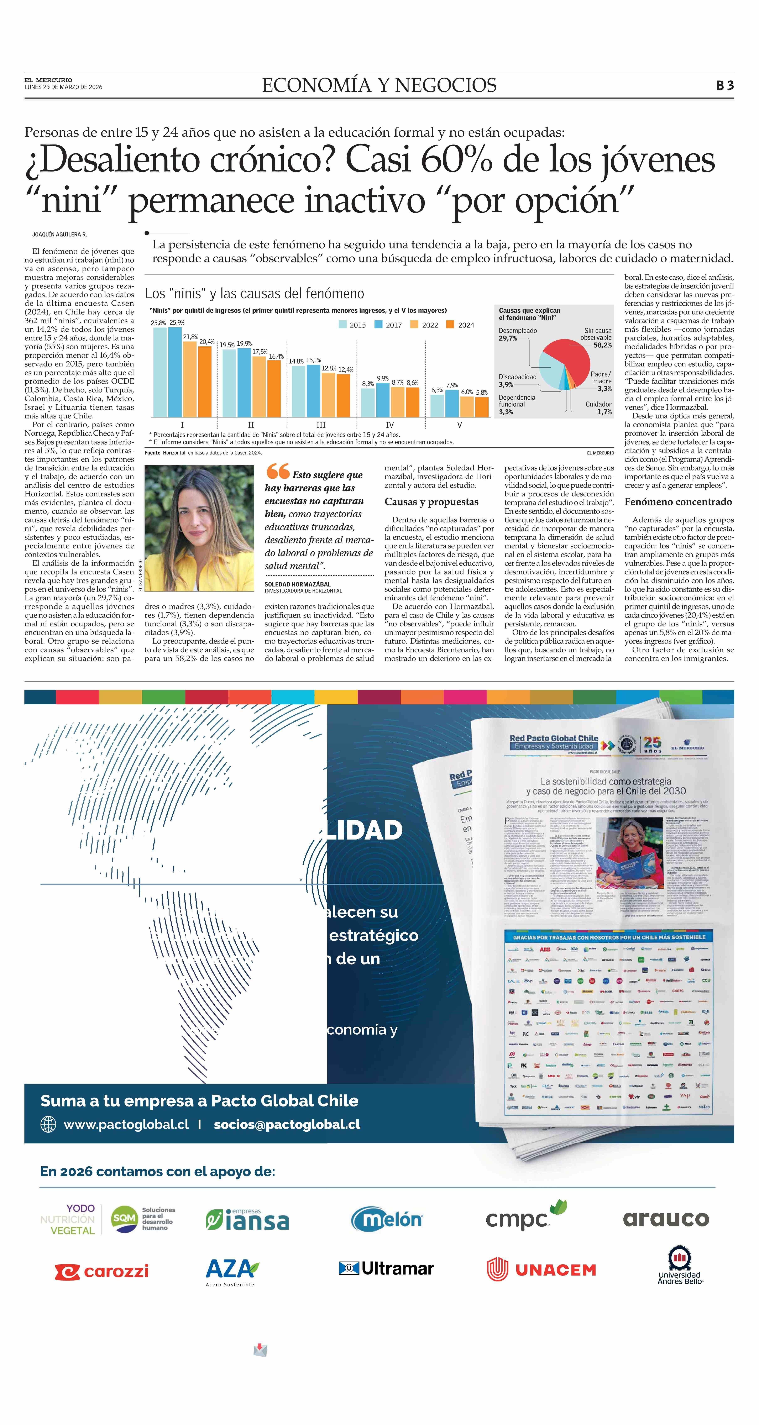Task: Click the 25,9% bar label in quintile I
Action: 177,322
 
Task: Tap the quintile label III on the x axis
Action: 321,425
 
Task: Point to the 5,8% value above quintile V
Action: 482,392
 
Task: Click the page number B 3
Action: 725,85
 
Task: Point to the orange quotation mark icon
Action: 278,471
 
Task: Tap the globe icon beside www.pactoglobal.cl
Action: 49,1124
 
